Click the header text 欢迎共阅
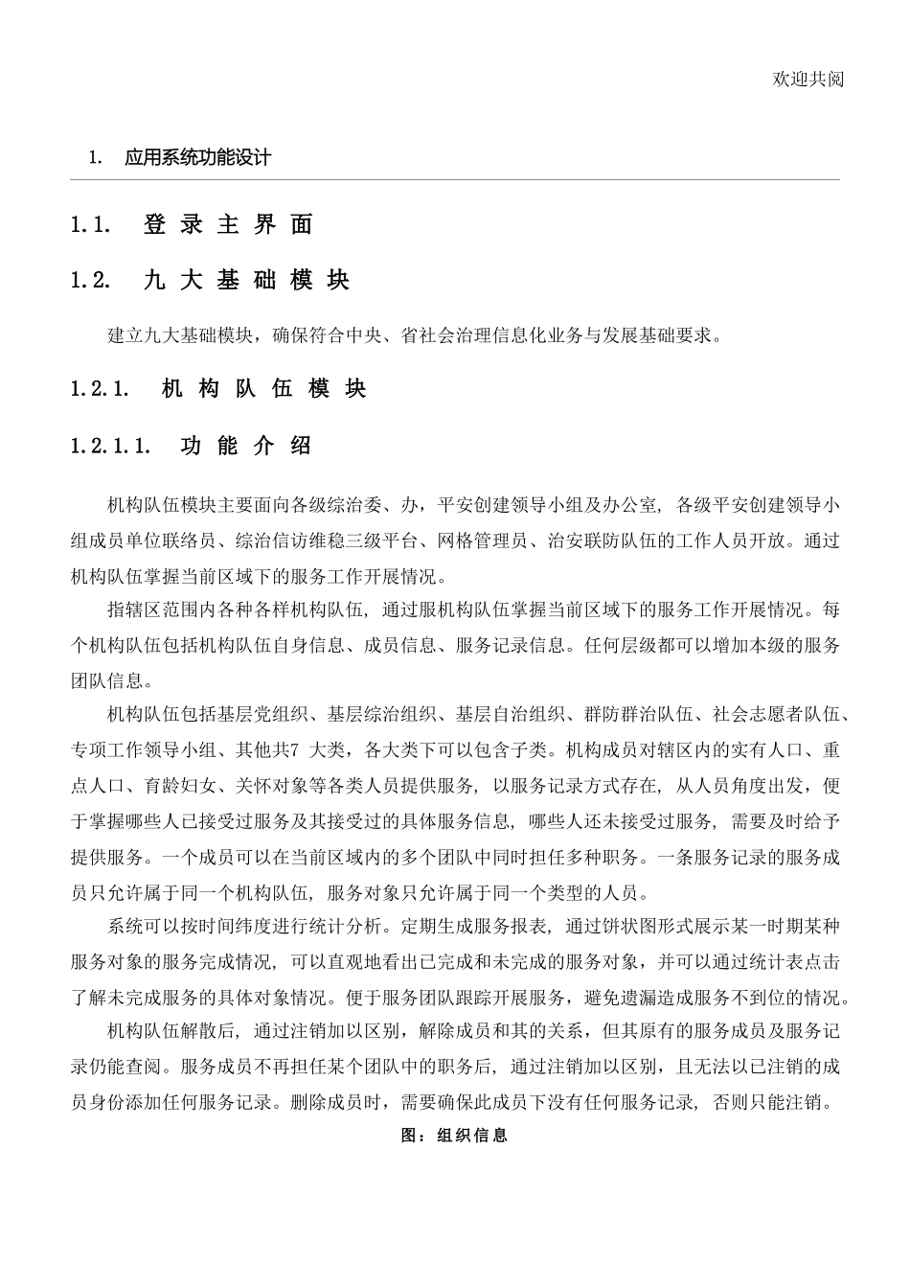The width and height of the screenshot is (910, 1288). point(808,79)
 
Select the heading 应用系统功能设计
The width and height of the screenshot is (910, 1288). point(197,157)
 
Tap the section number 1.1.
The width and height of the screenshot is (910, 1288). point(92,225)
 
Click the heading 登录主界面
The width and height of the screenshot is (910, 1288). point(228,225)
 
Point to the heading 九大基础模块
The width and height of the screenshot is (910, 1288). point(246,280)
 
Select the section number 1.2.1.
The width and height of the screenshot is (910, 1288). point(100,389)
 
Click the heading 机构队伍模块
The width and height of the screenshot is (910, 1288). point(264,389)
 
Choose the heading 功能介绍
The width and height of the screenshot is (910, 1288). point(245,446)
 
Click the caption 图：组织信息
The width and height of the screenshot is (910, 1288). point(454,1135)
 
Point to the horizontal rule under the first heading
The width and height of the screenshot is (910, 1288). point(455,179)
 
